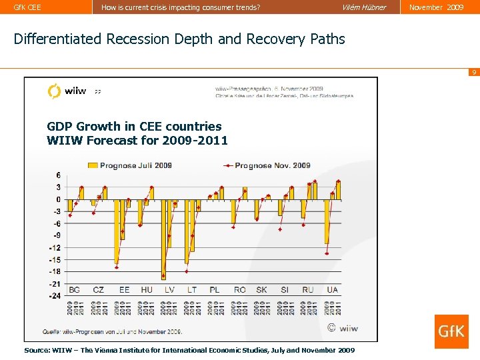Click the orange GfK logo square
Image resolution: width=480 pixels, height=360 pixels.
451,331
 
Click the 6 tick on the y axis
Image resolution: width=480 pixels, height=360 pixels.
58,175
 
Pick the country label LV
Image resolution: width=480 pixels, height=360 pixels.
169,290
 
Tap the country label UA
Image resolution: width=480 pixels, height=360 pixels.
333,290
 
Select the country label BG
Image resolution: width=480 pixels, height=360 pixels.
74,290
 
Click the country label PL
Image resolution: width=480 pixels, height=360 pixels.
215,290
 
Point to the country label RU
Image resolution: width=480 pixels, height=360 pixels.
307,290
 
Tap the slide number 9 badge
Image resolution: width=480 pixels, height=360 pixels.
473,72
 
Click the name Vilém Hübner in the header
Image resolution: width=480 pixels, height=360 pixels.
363,7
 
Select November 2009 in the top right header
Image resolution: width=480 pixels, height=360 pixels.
437,7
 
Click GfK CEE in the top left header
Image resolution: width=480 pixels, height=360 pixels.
27,7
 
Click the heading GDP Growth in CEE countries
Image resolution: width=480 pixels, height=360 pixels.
134,126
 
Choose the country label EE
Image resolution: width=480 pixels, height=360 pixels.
124,290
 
